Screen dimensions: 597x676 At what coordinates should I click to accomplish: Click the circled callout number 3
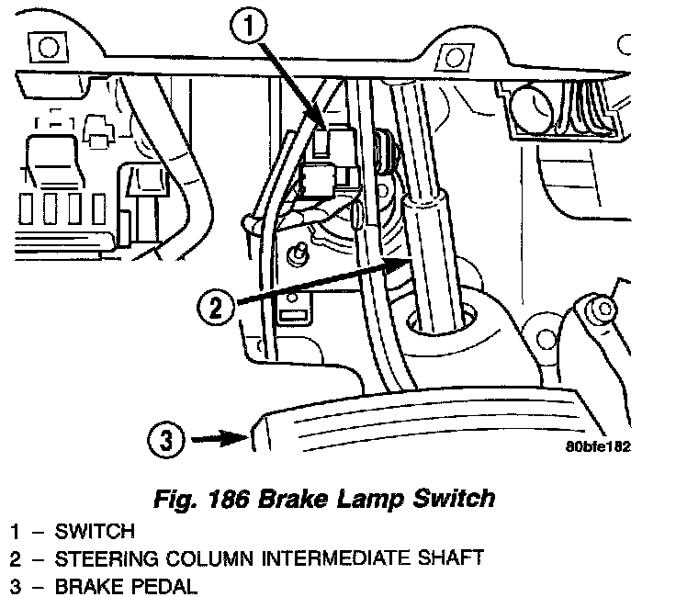(x=164, y=440)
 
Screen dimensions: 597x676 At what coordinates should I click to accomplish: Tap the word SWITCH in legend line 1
(x=95, y=531)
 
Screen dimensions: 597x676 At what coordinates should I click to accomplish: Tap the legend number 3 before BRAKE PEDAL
(x=17, y=585)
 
